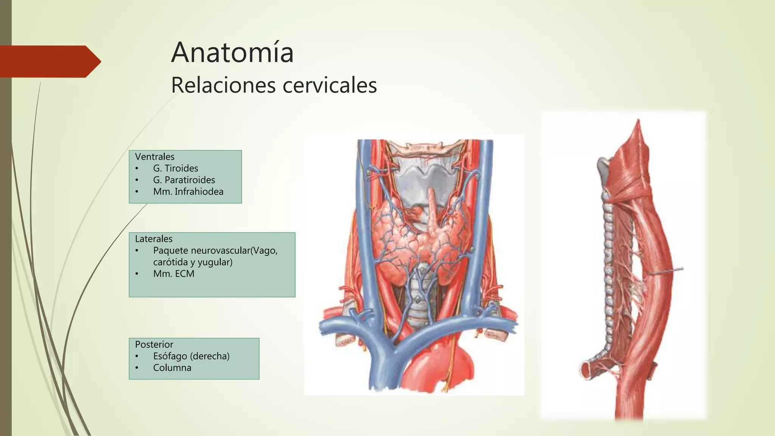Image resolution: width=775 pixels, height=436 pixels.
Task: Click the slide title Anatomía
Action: (x=232, y=53)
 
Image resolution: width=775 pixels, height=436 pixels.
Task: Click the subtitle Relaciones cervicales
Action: (x=274, y=85)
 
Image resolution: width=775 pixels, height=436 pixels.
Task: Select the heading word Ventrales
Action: (x=155, y=157)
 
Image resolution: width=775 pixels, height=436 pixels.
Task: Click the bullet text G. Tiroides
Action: (x=176, y=168)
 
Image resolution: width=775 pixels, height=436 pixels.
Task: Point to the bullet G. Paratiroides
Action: (x=184, y=180)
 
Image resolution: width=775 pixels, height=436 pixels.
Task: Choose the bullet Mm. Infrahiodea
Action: (x=188, y=192)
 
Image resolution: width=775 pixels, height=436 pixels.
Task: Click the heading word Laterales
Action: (x=154, y=239)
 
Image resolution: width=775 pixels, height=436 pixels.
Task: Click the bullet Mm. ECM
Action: (x=174, y=274)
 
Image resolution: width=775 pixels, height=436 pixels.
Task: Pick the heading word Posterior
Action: (x=154, y=344)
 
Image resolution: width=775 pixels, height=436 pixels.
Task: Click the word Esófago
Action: (x=170, y=356)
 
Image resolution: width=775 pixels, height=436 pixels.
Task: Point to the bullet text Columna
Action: (x=172, y=368)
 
